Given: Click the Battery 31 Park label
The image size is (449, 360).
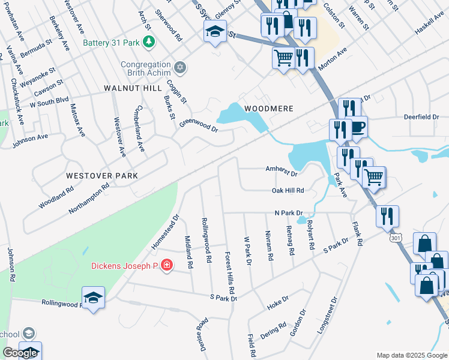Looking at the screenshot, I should point(113,43).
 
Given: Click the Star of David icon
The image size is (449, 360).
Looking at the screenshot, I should point(179,67).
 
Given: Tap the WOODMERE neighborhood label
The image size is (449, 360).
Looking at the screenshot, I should point(268,109).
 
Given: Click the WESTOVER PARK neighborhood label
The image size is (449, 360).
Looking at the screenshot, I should point(102,176).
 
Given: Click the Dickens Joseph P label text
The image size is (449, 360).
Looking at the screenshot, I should point(124,265).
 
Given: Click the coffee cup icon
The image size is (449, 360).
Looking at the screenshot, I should point(358,127).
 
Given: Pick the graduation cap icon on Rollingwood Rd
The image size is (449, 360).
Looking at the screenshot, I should point(93,298).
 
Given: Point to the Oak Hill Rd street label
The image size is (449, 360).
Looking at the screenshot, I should point(288,191).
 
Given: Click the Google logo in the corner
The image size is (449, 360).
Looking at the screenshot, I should point(20,353).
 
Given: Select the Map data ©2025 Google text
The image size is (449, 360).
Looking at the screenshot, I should point(411,355).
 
